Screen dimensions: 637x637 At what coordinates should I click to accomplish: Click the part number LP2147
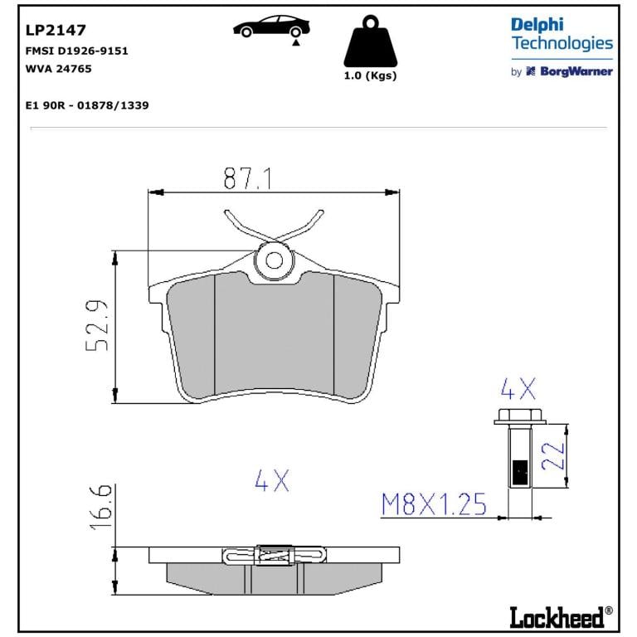(56, 30)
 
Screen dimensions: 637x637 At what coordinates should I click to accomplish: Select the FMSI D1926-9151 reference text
(77, 51)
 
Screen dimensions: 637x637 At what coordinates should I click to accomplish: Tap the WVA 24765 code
(59, 69)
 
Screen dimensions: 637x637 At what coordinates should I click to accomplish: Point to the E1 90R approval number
(87, 105)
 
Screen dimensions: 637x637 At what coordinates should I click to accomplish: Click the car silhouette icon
(271, 27)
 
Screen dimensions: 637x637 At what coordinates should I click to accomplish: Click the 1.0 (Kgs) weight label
(370, 75)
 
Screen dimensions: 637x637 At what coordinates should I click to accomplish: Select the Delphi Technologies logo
(562, 34)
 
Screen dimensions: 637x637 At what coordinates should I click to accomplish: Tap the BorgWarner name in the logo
(576, 71)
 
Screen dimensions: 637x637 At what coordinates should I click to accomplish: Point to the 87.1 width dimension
(247, 178)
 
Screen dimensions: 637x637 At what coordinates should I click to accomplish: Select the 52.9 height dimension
(98, 326)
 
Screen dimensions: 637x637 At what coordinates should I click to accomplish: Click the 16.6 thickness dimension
(100, 507)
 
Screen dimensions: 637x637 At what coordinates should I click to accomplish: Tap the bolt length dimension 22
(553, 455)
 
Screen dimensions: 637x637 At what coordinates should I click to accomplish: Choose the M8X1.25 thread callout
(434, 504)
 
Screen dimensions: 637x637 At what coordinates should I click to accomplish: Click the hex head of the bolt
(520, 416)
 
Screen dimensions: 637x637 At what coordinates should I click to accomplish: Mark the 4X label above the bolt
(518, 389)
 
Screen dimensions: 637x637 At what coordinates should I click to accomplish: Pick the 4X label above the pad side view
(272, 480)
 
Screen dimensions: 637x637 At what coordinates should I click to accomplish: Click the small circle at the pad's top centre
(274, 260)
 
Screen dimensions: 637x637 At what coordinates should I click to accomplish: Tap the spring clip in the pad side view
(275, 555)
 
